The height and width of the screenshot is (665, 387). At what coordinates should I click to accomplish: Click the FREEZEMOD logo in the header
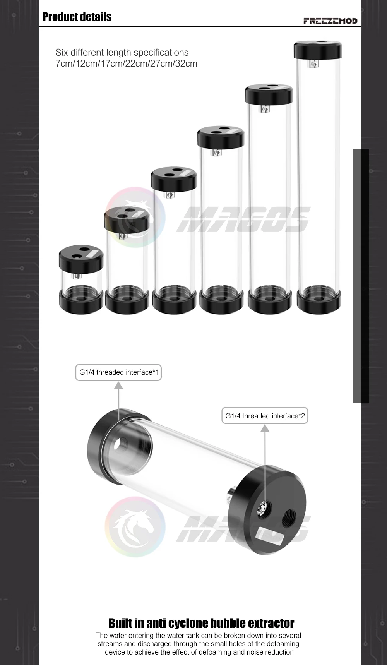click(330, 21)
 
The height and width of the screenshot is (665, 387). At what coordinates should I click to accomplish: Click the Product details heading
click(77, 17)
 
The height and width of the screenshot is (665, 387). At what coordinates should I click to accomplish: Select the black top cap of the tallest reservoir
click(318, 50)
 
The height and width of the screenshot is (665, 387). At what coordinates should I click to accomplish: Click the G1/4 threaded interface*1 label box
click(118, 372)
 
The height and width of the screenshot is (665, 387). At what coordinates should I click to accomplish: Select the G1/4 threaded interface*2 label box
click(265, 416)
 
